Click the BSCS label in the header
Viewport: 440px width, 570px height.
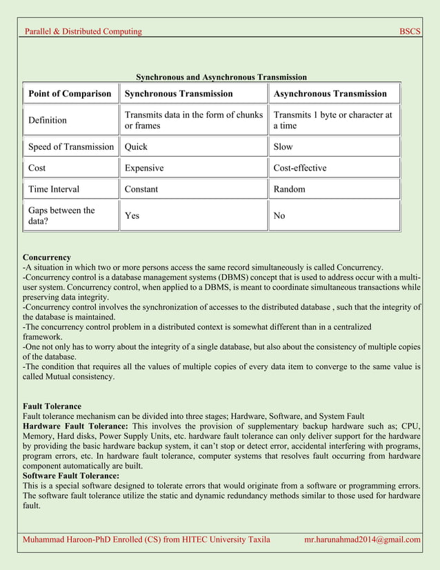pyautogui.click(x=410, y=31)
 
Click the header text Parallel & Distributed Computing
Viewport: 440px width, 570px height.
pyautogui.click(x=83, y=31)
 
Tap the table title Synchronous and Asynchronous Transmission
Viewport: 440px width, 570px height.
pyautogui.click(x=221, y=77)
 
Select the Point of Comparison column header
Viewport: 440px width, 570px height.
pyautogui.click(x=70, y=94)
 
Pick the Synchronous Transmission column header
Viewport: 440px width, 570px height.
pyautogui.click(x=179, y=94)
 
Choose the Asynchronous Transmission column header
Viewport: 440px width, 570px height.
pyautogui.click(x=330, y=94)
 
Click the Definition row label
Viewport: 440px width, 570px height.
pyautogui.click(x=48, y=120)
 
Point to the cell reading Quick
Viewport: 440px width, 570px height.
pyautogui.click(x=136, y=146)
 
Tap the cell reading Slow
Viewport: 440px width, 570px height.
pyautogui.click(x=283, y=146)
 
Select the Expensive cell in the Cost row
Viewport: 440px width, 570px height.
pyautogui.click(x=143, y=168)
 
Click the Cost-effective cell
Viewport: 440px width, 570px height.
pyautogui.click(x=300, y=168)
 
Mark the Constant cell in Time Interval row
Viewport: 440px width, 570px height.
pyautogui.click(x=141, y=189)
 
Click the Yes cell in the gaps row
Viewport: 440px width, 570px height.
pyautogui.click(x=132, y=216)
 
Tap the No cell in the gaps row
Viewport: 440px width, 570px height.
pyautogui.click(x=279, y=216)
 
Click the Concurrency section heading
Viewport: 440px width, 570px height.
pyautogui.click(x=47, y=257)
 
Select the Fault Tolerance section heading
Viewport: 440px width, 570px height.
pyautogui.click(x=52, y=406)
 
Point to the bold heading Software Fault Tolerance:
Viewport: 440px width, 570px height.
pyautogui.click(x=71, y=475)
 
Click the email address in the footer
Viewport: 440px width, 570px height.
pyautogui.click(x=362, y=539)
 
